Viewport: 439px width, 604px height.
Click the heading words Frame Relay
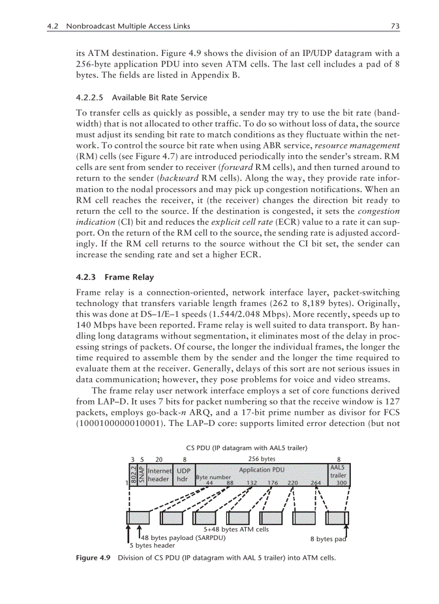point(129,278)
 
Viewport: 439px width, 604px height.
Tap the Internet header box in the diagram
point(159,474)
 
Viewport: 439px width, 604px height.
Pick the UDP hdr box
point(184,474)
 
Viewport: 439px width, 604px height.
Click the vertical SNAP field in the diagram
point(141,474)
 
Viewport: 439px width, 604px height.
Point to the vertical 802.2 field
point(133,474)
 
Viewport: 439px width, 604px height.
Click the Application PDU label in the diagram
point(262,470)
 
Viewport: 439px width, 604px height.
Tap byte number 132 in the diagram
point(251,483)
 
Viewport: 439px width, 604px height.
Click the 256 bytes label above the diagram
point(261,459)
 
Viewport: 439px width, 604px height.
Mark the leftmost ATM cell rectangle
point(137,517)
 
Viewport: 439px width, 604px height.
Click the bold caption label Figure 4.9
point(93,558)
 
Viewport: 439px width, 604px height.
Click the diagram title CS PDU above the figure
point(197,447)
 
